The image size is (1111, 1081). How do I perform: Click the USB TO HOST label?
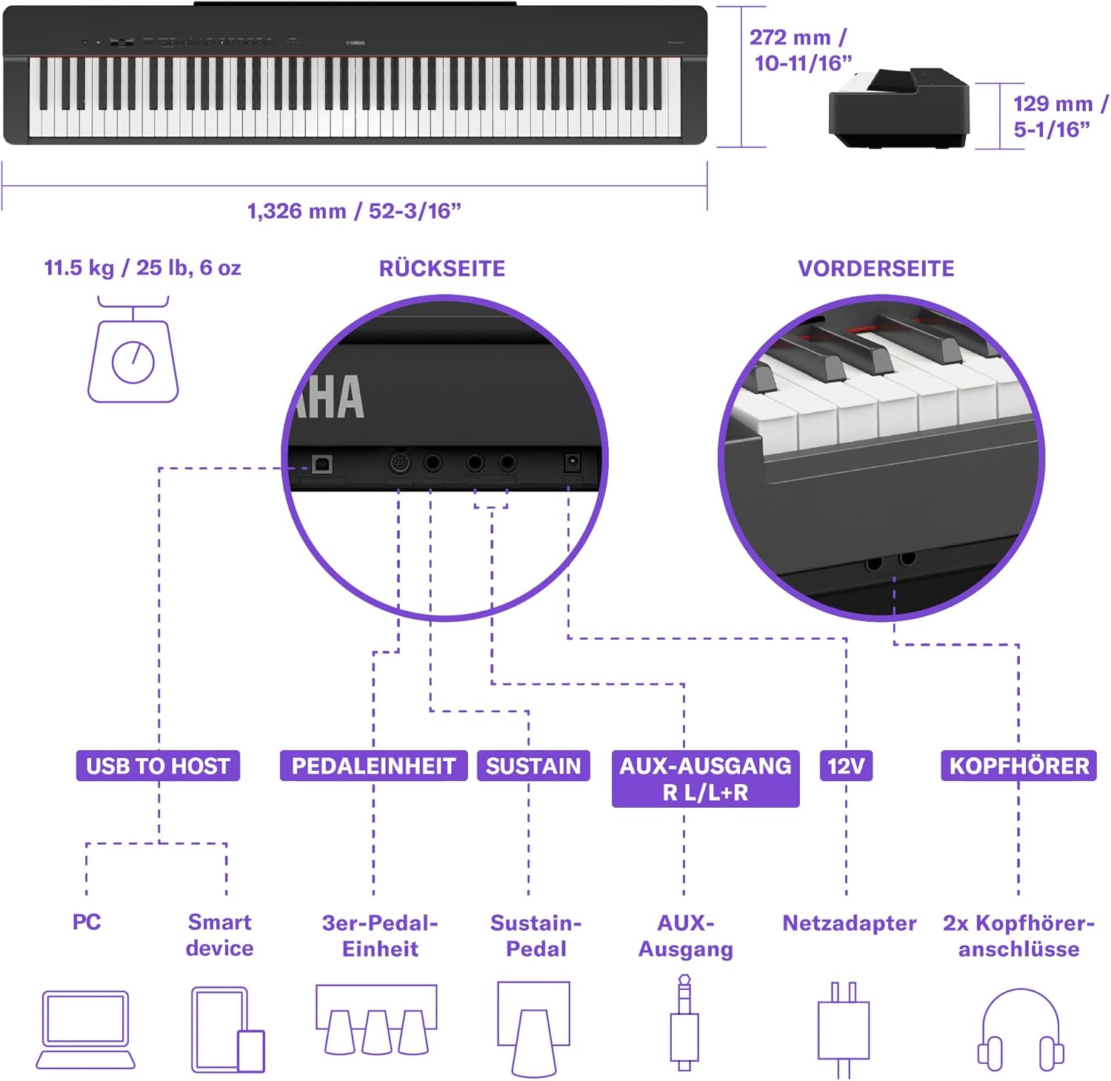tap(158, 766)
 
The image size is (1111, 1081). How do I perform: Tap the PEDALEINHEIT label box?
tap(373, 766)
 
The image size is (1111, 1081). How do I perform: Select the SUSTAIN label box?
tap(533, 766)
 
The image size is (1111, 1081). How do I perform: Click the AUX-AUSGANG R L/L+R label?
tap(705, 779)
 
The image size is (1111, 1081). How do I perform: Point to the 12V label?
tap(846, 766)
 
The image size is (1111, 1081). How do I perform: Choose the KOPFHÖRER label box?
tap(1019, 766)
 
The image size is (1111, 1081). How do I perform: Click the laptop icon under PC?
tap(86, 1029)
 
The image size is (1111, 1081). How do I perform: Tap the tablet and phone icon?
tap(227, 1029)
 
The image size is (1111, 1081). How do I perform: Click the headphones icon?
tap(1021, 1029)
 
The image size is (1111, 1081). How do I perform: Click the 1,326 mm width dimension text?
tap(354, 211)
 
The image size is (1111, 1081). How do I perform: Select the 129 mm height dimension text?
tap(1059, 116)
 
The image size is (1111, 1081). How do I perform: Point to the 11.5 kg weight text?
tap(142, 267)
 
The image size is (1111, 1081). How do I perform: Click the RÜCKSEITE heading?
tap(442, 268)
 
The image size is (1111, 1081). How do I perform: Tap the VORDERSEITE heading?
tap(876, 268)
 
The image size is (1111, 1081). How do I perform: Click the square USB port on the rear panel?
tap(322, 464)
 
